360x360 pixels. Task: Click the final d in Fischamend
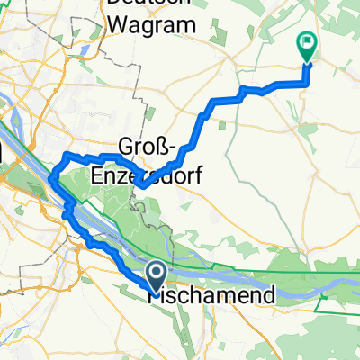click(x=238, y=295)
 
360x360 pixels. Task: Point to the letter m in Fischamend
click(x=203, y=295)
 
